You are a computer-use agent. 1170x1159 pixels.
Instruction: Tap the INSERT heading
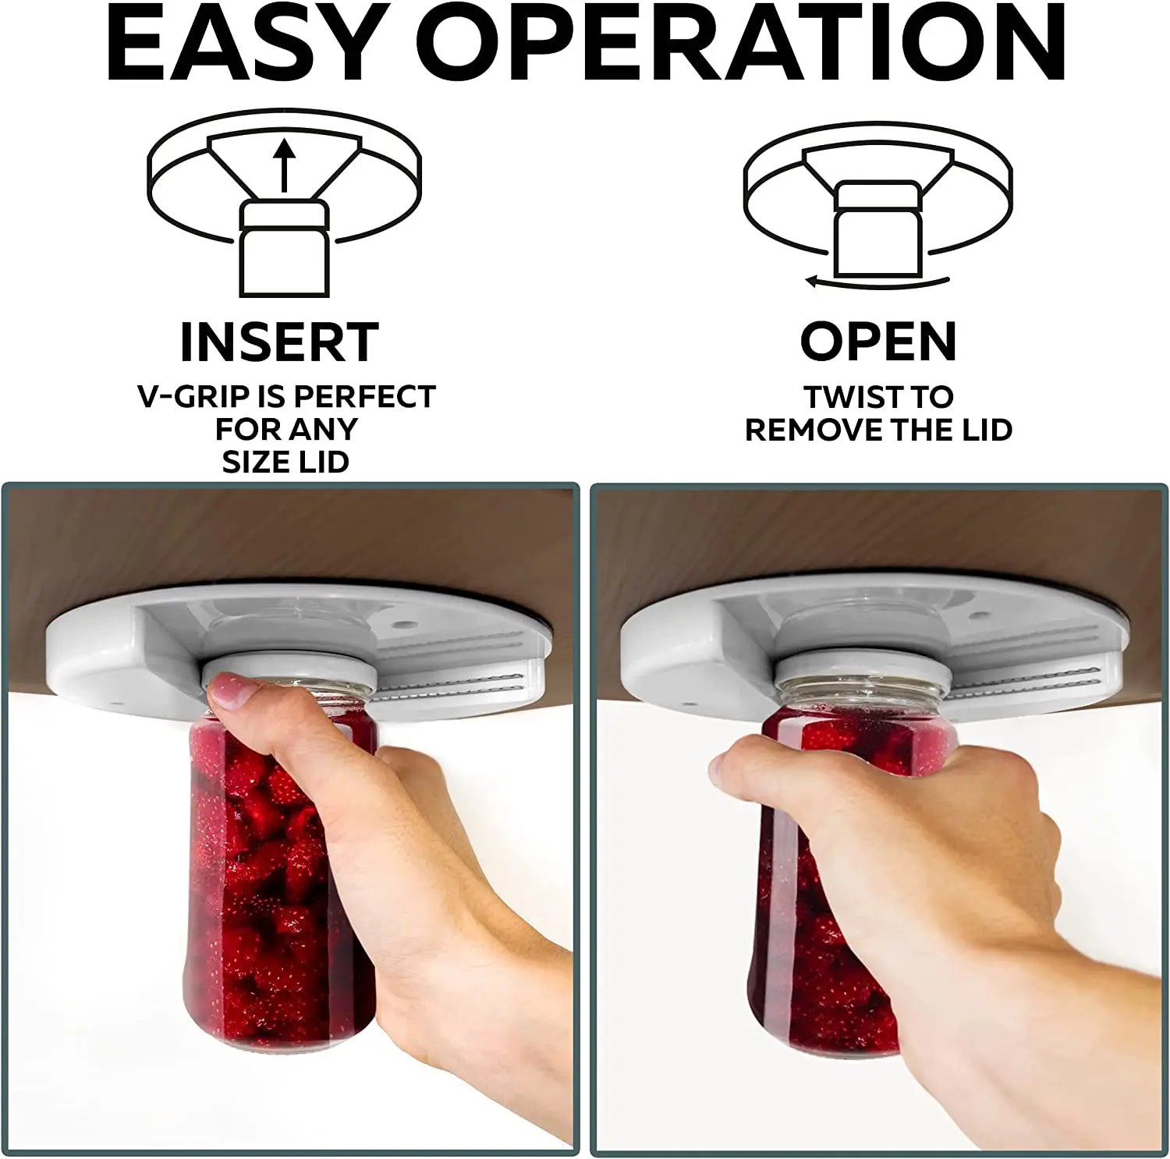point(279,342)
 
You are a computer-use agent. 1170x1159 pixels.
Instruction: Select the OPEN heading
point(878,342)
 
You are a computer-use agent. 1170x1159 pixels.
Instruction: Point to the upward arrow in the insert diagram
point(285,163)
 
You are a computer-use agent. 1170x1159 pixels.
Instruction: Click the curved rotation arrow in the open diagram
point(877,281)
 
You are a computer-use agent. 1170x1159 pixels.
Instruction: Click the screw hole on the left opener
point(403,626)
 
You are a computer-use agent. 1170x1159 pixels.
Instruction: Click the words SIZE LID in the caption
point(285,462)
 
